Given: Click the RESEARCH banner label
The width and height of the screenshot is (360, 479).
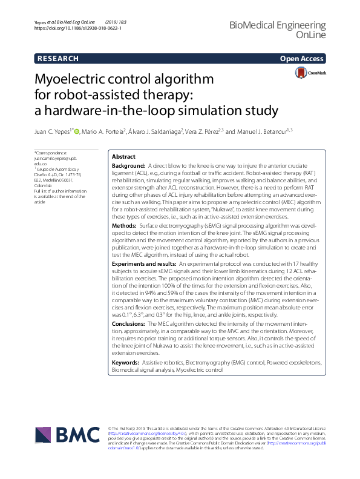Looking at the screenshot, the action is click(57, 59).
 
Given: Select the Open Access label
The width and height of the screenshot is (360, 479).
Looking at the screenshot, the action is click(301, 59).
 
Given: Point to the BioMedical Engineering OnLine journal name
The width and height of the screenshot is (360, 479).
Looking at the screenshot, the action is click(278, 30).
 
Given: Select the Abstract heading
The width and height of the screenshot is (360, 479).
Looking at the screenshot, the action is click(124, 156).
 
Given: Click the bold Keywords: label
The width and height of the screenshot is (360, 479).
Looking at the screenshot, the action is click(126, 362).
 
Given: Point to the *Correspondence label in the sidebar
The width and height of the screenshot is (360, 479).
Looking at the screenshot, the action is click(51, 154).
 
